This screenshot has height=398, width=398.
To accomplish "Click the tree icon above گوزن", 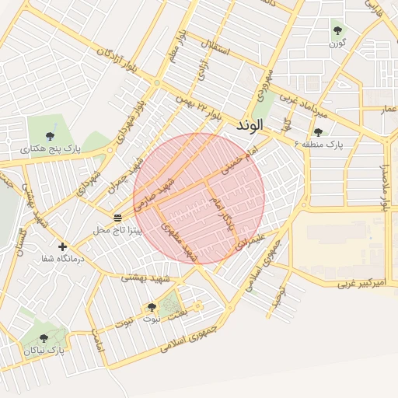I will tap(337, 30).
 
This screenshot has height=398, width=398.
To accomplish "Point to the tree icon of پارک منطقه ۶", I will tap(318, 132).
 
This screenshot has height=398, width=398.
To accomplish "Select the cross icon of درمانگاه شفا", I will tap(62, 247).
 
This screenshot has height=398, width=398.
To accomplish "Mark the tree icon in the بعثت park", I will tap(152, 308).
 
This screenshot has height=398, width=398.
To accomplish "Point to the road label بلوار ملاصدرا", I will tap(383, 187).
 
